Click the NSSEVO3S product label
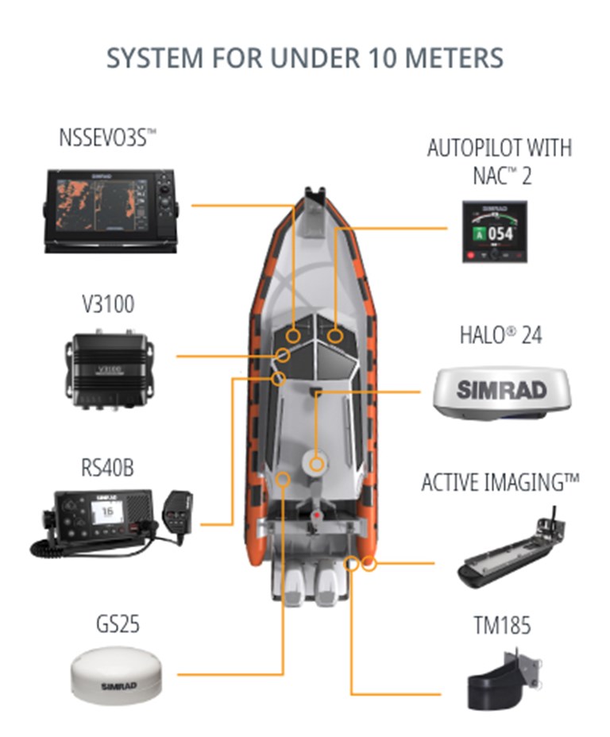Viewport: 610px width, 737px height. click(107, 137)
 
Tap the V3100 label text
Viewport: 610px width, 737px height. click(108, 304)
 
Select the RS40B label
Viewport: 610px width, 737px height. click(107, 468)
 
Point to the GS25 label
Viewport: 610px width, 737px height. click(118, 624)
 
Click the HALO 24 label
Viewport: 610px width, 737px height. click(500, 335)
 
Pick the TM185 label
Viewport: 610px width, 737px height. click(502, 625)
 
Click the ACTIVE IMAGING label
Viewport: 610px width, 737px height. click(500, 483)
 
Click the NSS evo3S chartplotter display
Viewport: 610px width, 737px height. click(111, 211)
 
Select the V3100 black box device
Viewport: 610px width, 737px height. click(110, 369)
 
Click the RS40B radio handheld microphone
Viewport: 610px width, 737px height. click(177, 513)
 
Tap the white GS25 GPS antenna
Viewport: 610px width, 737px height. click(118, 675)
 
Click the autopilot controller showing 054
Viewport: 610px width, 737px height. click(495, 232)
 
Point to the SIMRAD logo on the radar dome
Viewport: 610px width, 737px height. click(501, 390)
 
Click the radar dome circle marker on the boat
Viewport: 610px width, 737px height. click(317, 465)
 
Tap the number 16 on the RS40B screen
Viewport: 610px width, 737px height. click(107, 511)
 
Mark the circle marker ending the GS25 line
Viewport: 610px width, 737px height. click(283, 480)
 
